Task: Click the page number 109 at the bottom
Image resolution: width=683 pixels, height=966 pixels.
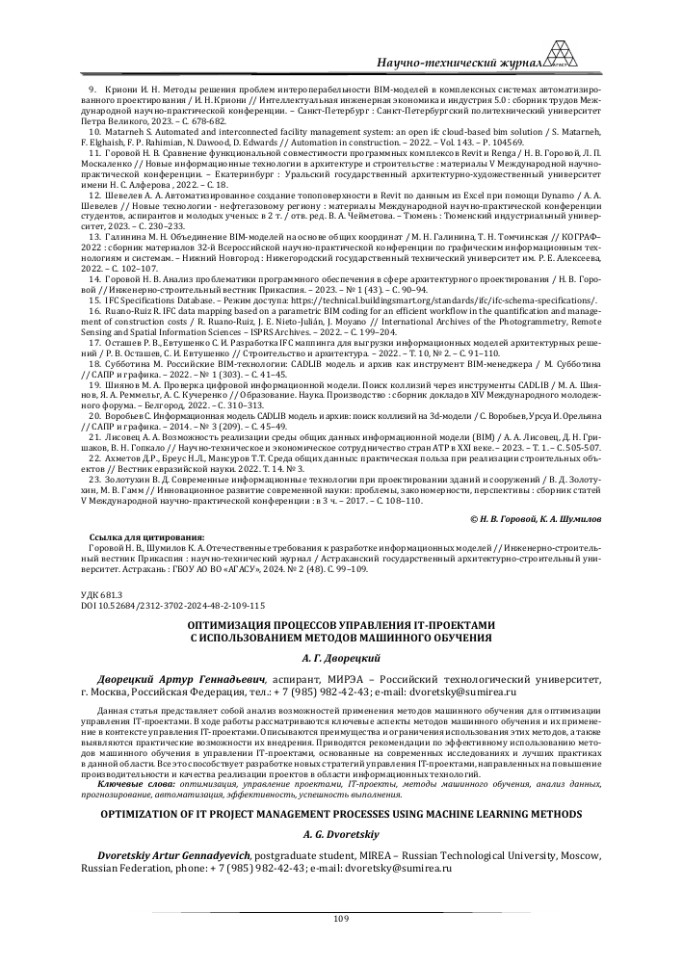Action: point(340,919)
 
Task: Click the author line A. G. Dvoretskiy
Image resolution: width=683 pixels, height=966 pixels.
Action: point(340,835)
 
